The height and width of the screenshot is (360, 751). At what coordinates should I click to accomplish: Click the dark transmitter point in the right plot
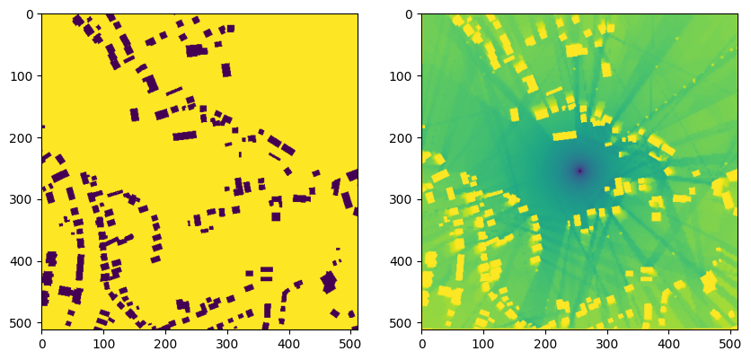tap(579, 171)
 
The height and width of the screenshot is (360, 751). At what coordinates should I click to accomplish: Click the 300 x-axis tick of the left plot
tap(227, 329)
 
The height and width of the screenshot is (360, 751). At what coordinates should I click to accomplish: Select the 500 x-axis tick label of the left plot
tap(351, 342)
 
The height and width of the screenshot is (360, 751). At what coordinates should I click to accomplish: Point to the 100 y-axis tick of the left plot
tap(41, 75)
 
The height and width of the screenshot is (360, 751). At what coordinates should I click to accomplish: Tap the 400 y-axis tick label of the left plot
tap(25, 261)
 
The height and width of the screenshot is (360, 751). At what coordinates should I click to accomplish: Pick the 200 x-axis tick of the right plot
tap(545, 329)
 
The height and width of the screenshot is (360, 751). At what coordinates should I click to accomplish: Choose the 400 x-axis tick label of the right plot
tap(669, 342)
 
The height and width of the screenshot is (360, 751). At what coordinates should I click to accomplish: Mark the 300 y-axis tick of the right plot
tap(422, 199)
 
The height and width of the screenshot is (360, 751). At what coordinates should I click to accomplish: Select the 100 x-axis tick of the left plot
tap(103, 329)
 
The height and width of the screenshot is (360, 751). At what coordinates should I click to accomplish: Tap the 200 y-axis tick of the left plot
tap(41, 137)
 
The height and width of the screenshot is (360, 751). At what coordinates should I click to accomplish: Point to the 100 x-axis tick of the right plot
tap(484, 329)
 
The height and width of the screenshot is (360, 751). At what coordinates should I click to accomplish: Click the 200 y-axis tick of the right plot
tap(422, 137)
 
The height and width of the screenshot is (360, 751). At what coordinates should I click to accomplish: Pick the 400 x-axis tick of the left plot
tap(289, 329)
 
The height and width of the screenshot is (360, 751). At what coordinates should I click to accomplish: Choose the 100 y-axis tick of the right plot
tap(422, 75)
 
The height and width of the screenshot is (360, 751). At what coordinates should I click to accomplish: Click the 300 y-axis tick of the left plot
tap(41, 199)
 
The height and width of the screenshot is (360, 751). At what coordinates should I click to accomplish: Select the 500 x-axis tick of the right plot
tap(731, 329)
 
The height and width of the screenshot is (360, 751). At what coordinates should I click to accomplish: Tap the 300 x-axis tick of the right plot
tap(607, 329)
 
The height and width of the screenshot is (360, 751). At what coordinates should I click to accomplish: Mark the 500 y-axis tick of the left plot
tap(41, 323)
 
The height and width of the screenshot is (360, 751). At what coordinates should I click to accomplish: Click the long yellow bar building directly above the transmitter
tap(564, 136)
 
